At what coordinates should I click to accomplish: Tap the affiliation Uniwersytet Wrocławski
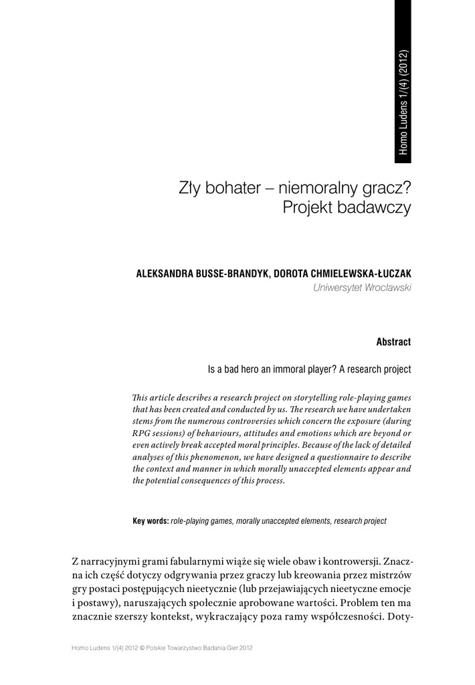[x=362, y=288]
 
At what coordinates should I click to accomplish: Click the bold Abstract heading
[x=393, y=342]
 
